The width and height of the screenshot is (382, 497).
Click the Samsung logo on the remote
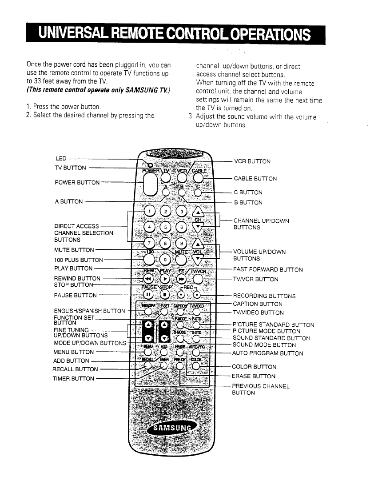tap(175, 428)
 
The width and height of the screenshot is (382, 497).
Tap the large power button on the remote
tap(150, 184)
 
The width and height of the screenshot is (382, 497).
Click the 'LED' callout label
tap(61, 158)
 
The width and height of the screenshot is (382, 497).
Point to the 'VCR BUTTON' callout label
tap(252, 161)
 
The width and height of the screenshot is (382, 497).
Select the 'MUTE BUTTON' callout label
tap(74, 250)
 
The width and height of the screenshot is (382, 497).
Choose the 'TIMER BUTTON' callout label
tap(74, 379)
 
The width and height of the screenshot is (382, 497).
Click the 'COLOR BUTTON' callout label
tap(254, 367)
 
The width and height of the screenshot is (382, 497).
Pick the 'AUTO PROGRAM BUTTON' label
tap(268, 353)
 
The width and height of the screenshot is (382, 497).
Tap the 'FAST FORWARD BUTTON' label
tap(268, 269)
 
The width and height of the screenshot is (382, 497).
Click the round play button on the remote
tap(165, 279)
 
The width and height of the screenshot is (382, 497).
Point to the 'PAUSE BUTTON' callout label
tap(75, 295)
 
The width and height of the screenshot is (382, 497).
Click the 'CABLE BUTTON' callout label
tap(255, 179)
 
